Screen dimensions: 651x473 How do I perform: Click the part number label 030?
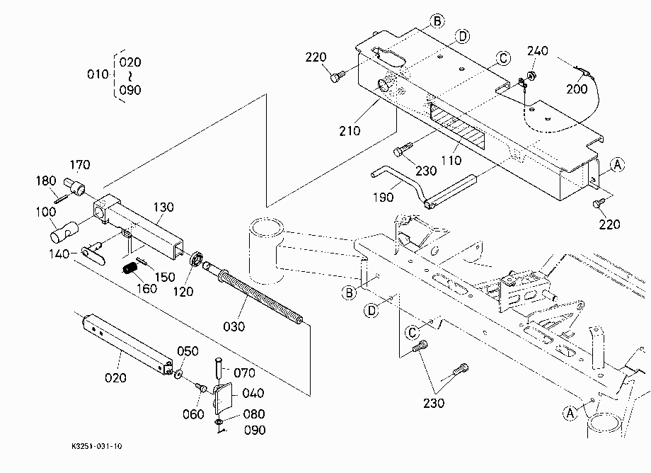[234, 326]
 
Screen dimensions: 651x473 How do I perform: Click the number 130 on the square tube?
[163, 207]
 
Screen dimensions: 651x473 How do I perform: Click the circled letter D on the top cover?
[463, 37]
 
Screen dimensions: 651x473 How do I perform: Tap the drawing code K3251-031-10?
[97, 446]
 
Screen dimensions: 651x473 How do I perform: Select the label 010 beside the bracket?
[98, 74]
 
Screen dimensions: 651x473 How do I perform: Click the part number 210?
[350, 131]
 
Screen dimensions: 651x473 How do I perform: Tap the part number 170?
[80, 165]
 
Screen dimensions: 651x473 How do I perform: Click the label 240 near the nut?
[538, 51]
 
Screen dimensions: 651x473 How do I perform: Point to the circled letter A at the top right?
[618, 165]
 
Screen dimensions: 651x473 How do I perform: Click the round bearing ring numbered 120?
[195, 258]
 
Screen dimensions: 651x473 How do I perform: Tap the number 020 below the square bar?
[115, 378]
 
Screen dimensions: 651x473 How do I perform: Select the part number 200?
[577, 89]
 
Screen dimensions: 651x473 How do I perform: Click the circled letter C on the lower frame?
[413, 333]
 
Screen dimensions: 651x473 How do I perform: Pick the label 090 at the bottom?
[255, 431]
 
